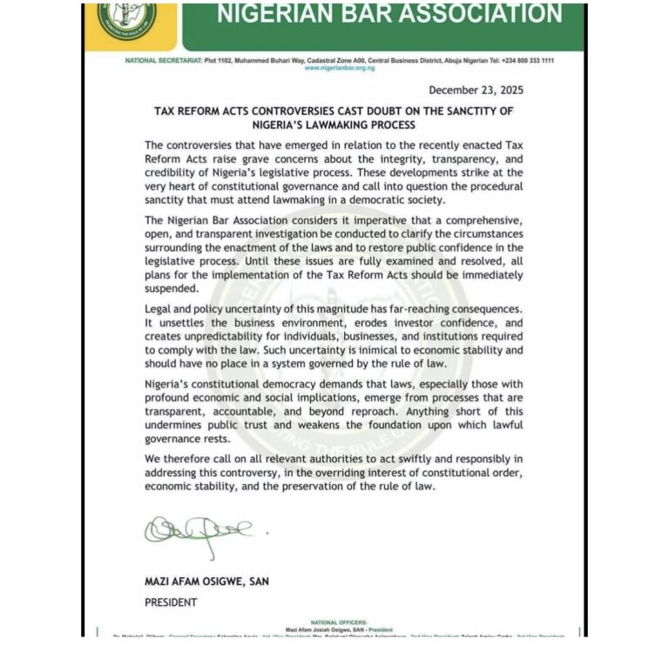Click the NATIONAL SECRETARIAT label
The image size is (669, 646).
pos(155,59)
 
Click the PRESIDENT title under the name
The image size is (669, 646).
pos(171,602)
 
